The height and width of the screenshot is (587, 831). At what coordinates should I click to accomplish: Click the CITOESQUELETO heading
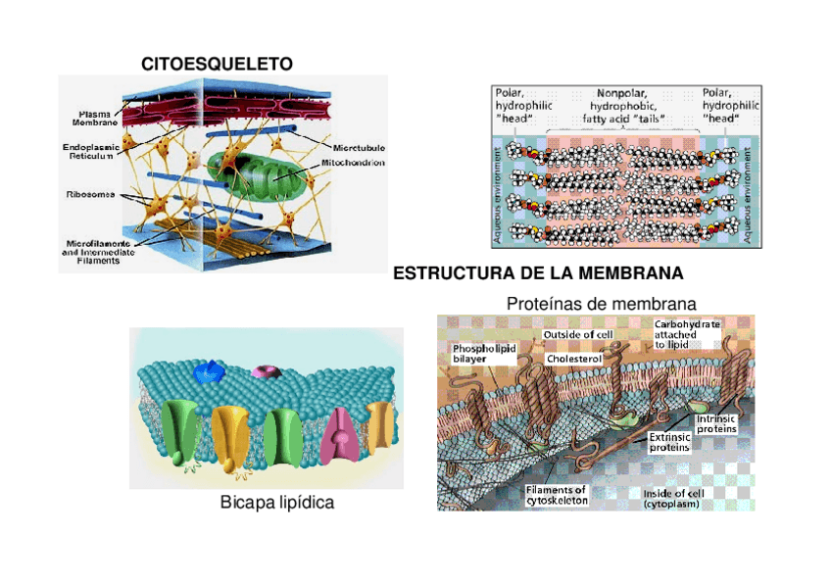tap(217, 65)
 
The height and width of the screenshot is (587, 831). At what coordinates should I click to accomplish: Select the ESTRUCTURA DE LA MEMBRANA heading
tap(538, 272)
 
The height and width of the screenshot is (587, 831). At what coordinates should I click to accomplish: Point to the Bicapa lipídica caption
tap(277, 503)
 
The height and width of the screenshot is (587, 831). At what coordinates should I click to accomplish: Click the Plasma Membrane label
tap(94, 119)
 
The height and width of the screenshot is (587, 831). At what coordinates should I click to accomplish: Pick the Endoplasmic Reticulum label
tap(90, 151)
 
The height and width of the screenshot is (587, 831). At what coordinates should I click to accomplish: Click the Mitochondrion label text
tap(356, 163)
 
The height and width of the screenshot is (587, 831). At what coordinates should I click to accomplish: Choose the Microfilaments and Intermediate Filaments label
tap(98, 253)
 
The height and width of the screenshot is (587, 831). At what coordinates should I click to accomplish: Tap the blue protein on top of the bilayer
tap(208, 371)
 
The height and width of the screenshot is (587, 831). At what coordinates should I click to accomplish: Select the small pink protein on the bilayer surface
tap(265, 372)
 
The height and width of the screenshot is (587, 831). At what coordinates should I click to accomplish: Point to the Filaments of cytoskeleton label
tap(556, 495)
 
